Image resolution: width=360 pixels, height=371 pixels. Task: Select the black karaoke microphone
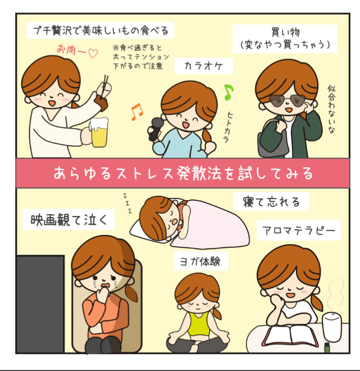[155, 129]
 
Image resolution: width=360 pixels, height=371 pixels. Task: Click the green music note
[228, 92]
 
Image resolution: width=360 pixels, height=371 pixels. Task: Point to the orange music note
[137, 112]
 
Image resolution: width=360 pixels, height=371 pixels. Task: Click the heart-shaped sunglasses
[287, 101]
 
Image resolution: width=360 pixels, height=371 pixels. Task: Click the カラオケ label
[204, 66]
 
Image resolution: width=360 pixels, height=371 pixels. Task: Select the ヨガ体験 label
[201, 261]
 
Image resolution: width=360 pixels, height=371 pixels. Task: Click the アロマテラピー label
[299, 230]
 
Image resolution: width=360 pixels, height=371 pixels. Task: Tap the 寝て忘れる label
[271, 202]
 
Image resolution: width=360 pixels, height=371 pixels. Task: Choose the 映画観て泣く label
[69, 220]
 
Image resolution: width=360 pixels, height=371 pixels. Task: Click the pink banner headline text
[183, 173]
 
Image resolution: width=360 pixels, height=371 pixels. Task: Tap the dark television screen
[41, 304]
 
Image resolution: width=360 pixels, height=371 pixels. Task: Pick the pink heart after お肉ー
[93, 53]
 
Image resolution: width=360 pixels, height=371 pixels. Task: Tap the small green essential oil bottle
[327, 347]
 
